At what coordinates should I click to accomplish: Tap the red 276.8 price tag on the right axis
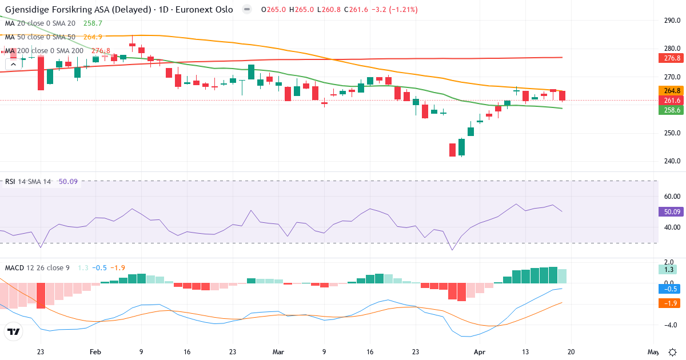coord(672,58)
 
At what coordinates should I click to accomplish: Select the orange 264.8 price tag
coord(672,90)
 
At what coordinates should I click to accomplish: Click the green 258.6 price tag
coord(672,109)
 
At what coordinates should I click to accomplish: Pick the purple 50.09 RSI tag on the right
coord(672,212)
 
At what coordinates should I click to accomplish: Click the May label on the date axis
coord(653,352)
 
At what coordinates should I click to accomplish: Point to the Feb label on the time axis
coord(95,352)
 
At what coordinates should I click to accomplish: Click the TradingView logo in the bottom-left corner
coord(14,331)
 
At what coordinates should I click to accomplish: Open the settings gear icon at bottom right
coord(673,352)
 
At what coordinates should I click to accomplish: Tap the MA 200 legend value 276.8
coord(101,50)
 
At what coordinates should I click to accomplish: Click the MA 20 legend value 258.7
coord(93,23)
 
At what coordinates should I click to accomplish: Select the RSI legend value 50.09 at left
coord(68,182)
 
